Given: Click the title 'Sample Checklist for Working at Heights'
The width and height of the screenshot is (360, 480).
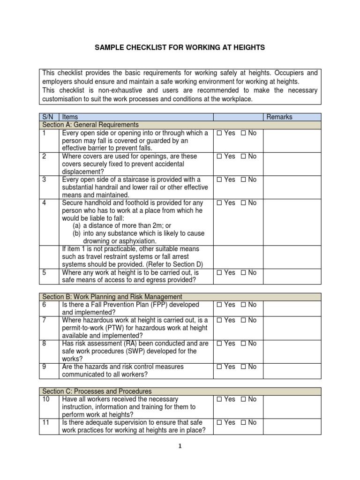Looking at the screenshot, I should (x=180, y=47).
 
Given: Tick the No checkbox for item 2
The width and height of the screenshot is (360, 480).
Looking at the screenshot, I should (x=243, y=157).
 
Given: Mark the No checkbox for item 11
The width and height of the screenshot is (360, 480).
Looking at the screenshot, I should (x=243, y=423).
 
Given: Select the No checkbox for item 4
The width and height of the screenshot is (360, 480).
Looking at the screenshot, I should (x=243, y=203).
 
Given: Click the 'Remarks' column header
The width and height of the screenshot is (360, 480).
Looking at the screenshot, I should (x=279, y=117).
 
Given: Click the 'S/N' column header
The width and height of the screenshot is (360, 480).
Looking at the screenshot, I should (x=48, y=117).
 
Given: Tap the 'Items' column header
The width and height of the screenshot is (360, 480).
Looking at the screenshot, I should (x=70, y=117).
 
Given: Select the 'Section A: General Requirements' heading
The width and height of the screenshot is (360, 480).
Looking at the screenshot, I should (x=90, y=125).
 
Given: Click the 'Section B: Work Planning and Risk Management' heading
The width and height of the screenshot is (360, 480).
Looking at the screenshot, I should (x=112, y=297).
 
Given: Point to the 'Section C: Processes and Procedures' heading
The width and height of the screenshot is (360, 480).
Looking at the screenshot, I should (x=97, y=391).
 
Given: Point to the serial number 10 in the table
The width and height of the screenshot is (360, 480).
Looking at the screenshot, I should (x=45, y=399).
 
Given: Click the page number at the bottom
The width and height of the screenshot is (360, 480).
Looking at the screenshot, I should (x=180, y=447).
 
